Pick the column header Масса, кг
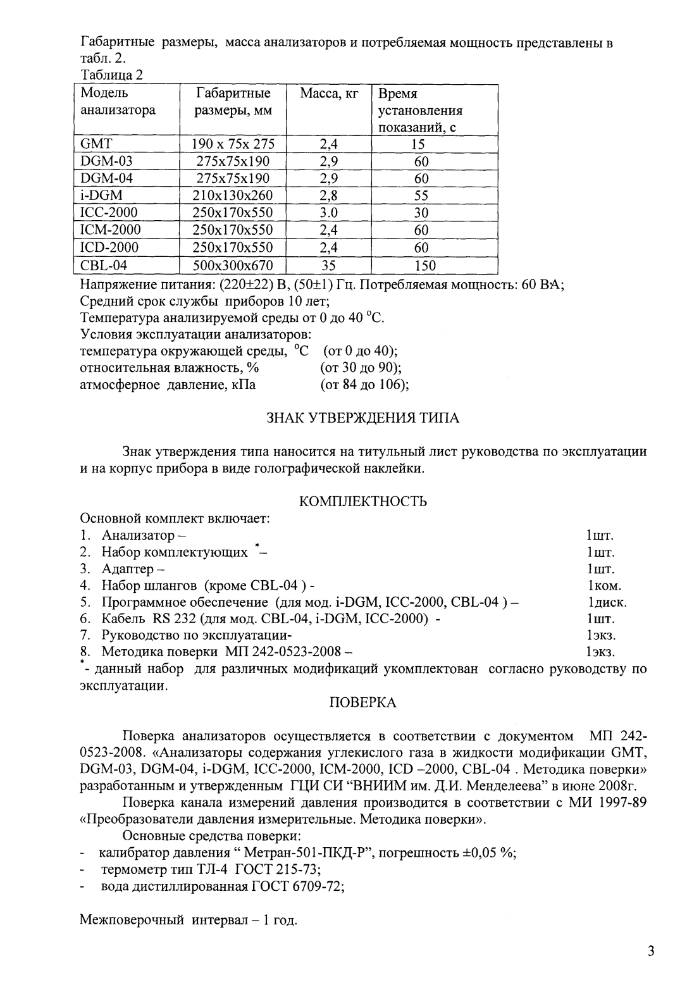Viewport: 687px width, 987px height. click(329, 94)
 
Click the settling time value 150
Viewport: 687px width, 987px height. click(424, 265)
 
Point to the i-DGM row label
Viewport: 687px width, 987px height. click(102, 196)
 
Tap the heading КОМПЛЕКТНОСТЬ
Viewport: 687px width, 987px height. click(362, 502)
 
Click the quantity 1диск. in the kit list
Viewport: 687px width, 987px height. click(607, 602)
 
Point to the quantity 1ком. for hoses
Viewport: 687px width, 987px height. click(604, 585)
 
